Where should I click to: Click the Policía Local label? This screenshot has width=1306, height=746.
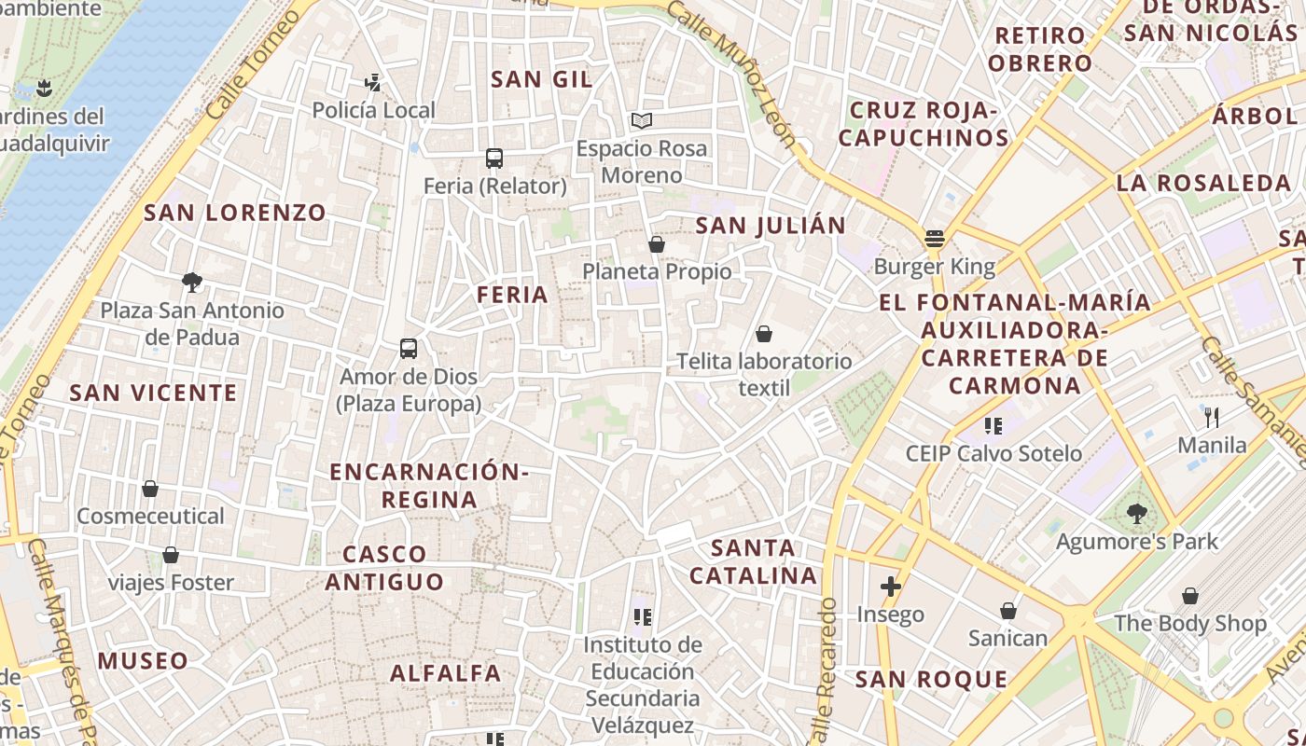tap(373, 110)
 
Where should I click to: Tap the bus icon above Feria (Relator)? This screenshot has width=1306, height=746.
tap(494, 159)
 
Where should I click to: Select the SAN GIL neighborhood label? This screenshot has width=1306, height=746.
tap(542, 79)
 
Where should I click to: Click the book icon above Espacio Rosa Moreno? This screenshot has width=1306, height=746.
tap(641, 120)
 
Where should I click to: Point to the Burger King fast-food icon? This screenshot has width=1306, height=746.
tap(935, 239)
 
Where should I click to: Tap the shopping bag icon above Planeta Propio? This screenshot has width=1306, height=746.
tap(657, 244)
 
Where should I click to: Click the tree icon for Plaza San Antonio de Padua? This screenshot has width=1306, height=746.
tap(192, 283)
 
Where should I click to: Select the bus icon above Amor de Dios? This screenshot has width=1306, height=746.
tap(409, 349)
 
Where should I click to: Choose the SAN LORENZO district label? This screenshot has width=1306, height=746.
tap(235, 213)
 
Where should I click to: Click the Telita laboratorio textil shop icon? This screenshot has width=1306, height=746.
tap(764, 334)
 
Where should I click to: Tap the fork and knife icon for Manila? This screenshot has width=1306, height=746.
tap(1212, 417)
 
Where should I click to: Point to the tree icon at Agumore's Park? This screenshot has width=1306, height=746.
tap(1136, 513)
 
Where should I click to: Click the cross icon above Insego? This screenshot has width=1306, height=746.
tap(891, 587)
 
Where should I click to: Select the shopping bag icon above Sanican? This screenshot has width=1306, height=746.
tap(1008, 611)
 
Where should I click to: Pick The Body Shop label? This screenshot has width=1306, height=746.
tap(1190, 623)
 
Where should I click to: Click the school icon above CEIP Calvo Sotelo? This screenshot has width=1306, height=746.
tap(993, 426)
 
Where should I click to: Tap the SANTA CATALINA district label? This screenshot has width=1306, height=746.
tap(754, 561)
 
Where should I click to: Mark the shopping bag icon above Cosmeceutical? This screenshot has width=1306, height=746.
tap(150, 489)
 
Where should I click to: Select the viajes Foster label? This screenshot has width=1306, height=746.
tap(171, 583)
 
